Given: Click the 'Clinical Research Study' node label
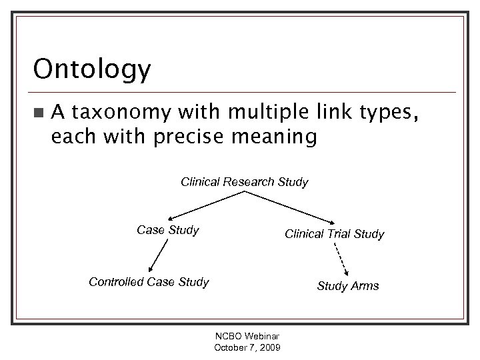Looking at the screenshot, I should [x=245, y=182].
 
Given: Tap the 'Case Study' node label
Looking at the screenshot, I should [x=168, y=230].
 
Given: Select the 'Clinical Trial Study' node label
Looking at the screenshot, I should [x=334, y=234].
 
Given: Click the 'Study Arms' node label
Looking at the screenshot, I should [x=347, y=286].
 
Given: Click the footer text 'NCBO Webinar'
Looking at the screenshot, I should [x=247, y=338].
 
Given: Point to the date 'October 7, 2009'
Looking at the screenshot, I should [x=247, y=349].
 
